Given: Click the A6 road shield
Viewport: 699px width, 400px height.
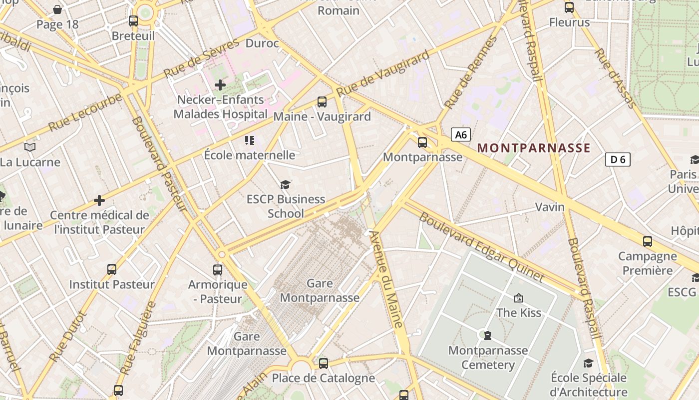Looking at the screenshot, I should [x=461, y=134].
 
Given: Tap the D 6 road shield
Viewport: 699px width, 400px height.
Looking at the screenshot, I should [x=618, y=159].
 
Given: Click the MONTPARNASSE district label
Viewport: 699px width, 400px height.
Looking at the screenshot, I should [x=534, y=148].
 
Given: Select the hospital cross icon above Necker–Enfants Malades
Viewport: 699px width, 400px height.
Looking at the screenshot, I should [x=220, y=85].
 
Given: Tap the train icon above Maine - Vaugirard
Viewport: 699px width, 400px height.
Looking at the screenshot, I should [x=322, y=102].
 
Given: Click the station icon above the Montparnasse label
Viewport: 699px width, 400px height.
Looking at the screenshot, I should [x=422, y=142].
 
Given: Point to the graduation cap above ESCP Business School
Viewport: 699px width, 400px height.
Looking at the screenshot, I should [x=285, y=184].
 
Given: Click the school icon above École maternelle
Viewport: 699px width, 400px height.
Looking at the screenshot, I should [x=249, y=140].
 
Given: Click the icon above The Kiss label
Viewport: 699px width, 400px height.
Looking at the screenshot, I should [x=519, y=298].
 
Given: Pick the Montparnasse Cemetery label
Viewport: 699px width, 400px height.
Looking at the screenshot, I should [x=488, y=357].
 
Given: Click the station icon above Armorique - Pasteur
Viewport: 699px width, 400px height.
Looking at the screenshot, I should [x=218, y=270].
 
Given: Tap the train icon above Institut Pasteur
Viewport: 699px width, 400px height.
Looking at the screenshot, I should [x=112, y=269].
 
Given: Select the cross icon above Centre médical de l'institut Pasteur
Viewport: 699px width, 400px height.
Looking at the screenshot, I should [x=99, y=200].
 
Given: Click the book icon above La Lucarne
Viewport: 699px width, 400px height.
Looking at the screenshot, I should [x=30, y=147].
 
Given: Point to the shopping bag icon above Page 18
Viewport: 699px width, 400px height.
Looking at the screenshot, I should [x=57, y=9].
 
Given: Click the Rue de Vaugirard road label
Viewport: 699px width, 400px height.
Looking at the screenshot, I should [x=382, y=73].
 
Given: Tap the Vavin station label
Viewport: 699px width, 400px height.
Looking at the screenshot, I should [x=550, y=207].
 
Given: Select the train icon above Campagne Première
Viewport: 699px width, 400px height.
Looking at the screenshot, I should [x=648, y=241].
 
